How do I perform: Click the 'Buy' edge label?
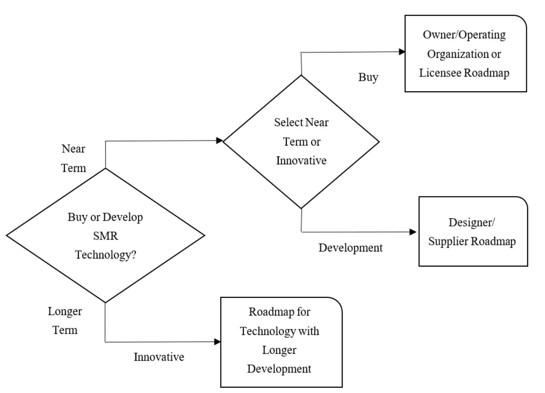(x=368, y=77)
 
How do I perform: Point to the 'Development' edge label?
(x=350, y=248)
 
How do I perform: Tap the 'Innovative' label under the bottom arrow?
(x=159, y=357)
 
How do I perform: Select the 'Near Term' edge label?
(x=73, y=158)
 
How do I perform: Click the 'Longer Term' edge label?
(x=65, y=320)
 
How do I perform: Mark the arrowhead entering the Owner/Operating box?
(x=402, y=52)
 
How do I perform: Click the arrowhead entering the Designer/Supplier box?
(x=413, y=232)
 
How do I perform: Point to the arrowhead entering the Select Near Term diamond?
(x=219, y=140)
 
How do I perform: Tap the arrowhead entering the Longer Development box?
(x=217, y=342)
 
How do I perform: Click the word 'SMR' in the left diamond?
(x=105, y=236)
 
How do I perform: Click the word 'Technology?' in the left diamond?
(x=105, y=255)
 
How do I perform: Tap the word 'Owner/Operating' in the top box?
(x=464, y=35)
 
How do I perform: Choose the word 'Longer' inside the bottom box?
(x=279, y=350)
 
